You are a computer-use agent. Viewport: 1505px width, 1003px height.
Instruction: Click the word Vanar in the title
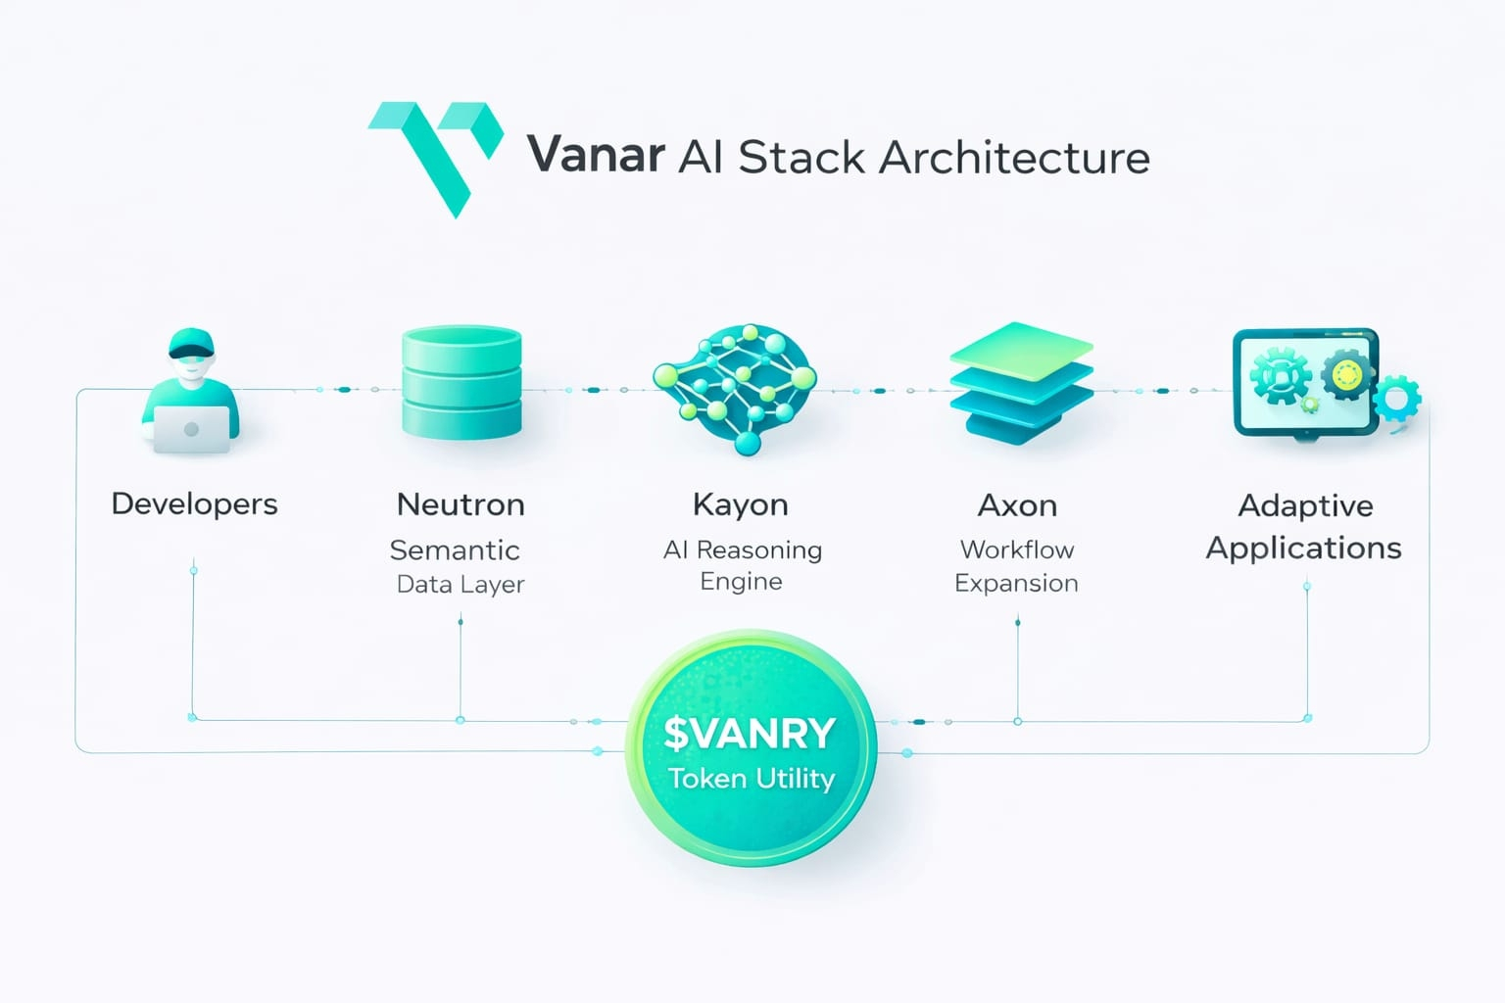[596, 156]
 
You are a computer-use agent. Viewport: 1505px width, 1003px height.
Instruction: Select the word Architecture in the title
[1014, 158]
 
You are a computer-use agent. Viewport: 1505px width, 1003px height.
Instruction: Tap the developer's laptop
[192, 429]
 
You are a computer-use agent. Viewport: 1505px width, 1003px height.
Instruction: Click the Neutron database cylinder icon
[461, 383]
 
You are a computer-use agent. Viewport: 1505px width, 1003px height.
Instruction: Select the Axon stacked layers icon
[1021, 383]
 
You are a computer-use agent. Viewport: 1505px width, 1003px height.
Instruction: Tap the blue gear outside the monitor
[1396, 399]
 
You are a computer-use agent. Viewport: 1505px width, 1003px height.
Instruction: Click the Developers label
[194, 504]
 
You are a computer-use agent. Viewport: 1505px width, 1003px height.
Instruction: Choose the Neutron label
[461, 504]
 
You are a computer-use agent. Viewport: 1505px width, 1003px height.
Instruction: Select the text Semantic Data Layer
[458, 566]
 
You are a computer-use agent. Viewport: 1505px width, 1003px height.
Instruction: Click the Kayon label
[740, 504]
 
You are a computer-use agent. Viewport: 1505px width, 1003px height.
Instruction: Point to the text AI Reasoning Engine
[742, 565]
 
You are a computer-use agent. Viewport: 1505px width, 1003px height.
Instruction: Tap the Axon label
[1017, 505]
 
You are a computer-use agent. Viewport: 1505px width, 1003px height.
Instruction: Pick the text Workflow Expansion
[1017, 566]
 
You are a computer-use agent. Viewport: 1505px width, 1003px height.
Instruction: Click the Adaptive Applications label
[1304, 526]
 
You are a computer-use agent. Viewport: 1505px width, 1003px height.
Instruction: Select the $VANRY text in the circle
[750, 733]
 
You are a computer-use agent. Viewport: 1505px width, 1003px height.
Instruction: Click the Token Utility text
[752, 779]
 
